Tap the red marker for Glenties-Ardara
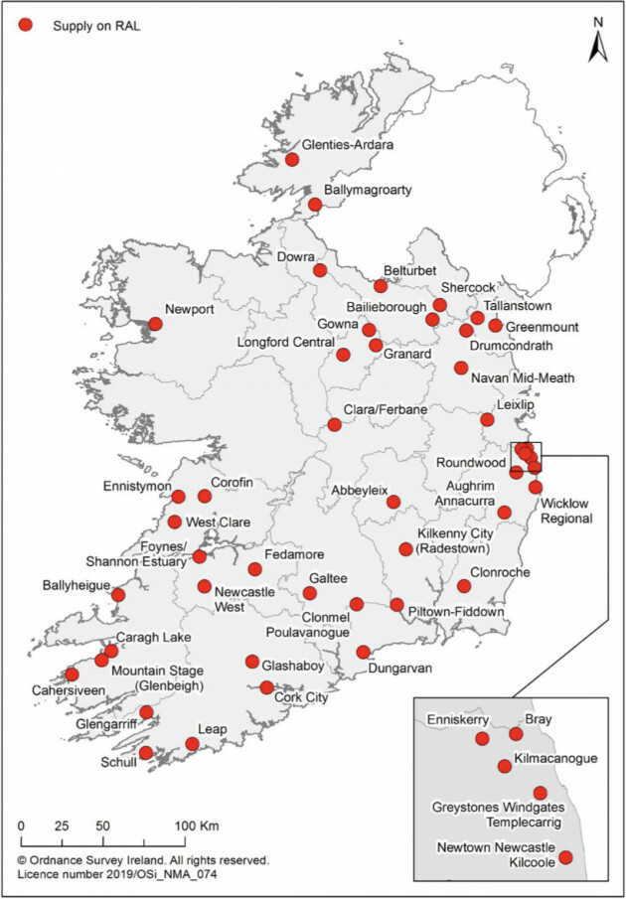coord(292,159)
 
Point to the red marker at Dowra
coord(320,270)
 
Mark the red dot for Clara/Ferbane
coord(335,424)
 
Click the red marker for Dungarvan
coord(364,652)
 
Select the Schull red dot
coord(146,753)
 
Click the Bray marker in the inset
coord(516,734)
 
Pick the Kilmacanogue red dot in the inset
coord(505,766)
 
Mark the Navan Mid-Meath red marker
coord(461,368)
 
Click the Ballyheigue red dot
coord(118,595)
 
